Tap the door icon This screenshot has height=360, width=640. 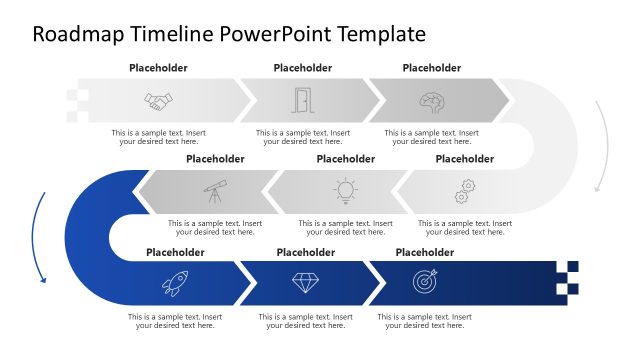(x=301, y=100)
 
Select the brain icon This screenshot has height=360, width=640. (x=431, y=101)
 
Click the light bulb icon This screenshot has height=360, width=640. (x=345, y=189)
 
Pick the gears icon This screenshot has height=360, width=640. (x=465, y=189)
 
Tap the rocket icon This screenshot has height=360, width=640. (x=174, y=283)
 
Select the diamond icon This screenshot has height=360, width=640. (x=305, y=282)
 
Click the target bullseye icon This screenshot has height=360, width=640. (x=425, y=282)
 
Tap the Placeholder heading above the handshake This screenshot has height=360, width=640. (x=158, y=68)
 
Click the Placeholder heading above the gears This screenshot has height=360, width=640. (x=465, y=158)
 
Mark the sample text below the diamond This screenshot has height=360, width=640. (x=305, y=321)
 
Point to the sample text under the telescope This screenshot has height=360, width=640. (x=215, y=228)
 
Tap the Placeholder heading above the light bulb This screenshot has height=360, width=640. (x=345, y=158)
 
